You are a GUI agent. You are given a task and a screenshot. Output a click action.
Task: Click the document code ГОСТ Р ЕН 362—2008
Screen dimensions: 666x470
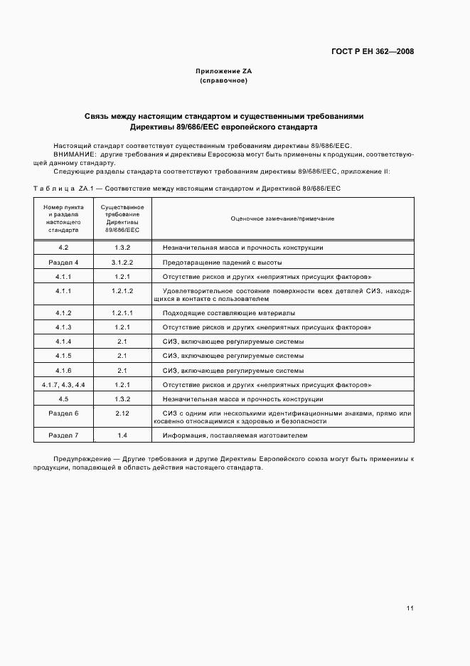click(x=372, y=51)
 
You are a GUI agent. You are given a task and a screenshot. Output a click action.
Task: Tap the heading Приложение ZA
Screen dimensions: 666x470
click(x=224, y=71)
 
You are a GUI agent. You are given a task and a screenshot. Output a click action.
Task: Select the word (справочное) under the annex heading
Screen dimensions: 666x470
click(x=224, y=80)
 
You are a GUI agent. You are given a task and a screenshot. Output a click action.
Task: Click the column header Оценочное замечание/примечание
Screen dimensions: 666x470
click(x=282, y=218)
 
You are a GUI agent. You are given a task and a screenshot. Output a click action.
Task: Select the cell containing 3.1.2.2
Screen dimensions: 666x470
click(x=122, y=263)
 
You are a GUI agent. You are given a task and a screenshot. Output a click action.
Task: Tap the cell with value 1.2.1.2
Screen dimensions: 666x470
click(x=122, y=291)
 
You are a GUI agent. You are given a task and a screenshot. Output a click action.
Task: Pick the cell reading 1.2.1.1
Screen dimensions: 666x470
click(x=122, y=312)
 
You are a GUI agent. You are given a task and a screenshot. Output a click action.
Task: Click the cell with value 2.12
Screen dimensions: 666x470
click(x=122, y=413)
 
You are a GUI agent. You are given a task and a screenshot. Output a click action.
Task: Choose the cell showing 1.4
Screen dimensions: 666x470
click(x=122, y=435)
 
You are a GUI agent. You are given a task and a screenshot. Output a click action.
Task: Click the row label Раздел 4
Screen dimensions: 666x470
click(x=63, y=263)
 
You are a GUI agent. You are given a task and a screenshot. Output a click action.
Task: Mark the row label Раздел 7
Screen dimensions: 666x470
click(x=63, y=435)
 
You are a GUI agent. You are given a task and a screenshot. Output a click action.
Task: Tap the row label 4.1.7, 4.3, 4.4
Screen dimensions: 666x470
click(x=63, y=384)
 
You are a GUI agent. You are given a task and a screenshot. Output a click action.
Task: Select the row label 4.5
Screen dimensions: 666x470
click(x=63, y=399)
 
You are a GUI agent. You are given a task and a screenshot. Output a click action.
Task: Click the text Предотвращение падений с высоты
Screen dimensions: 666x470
click(x=222, y=263)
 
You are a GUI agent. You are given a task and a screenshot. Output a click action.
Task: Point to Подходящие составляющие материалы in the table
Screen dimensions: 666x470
click(x=229, y=312)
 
